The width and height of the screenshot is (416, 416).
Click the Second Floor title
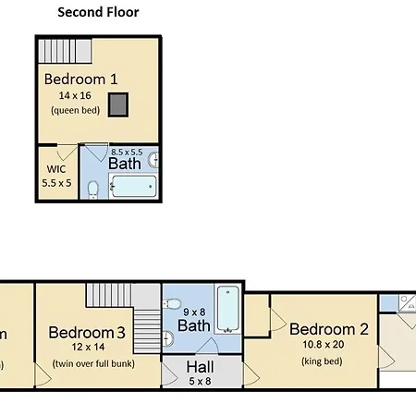98,12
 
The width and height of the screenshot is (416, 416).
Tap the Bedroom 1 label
81,80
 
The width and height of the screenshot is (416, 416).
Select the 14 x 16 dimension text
75,95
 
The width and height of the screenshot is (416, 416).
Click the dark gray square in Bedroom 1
118,104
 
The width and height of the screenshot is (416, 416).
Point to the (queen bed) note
76,110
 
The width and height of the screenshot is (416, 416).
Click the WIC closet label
56,169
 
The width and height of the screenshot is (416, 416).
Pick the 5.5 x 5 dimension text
56,183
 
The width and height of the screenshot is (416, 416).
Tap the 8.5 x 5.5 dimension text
127,153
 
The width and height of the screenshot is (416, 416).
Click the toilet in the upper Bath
93,190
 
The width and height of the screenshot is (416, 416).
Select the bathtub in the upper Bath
133,186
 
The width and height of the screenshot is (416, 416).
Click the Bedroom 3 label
87,333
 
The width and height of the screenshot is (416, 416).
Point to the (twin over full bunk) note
93,363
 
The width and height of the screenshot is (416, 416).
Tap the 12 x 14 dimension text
88,347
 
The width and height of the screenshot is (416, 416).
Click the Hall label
200,367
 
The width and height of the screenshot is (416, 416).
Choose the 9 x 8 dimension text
194,312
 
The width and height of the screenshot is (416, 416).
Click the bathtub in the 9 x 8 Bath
228,309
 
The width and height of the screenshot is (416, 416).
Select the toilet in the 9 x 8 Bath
172,304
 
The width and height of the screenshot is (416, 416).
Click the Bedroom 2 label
329,329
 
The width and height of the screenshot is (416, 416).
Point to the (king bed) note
322,361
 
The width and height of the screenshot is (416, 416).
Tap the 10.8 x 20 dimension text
324,345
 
